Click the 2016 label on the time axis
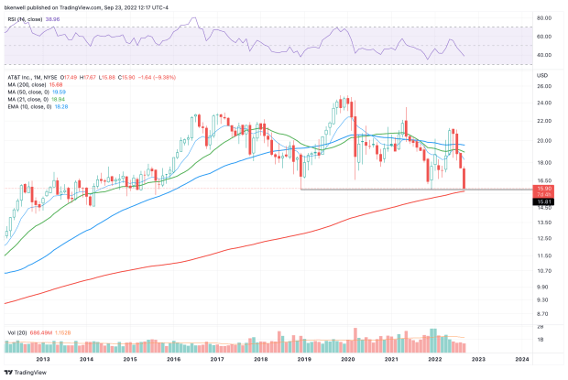[x=174, y=360]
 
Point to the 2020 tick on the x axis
[x=348, y=360]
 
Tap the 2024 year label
[x=522, y=360]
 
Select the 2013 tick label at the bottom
[x=43, y=360]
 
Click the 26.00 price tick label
[x=543, y=86]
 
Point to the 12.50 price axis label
[x=543, y=238]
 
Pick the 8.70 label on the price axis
[x=543, y=314]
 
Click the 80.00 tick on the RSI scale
[x=543, y=18]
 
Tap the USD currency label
[x=542, y=75]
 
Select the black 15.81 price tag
[x=543, y=201]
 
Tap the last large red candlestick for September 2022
[x=464, y=179]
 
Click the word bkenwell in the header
[x=16, y=6]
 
